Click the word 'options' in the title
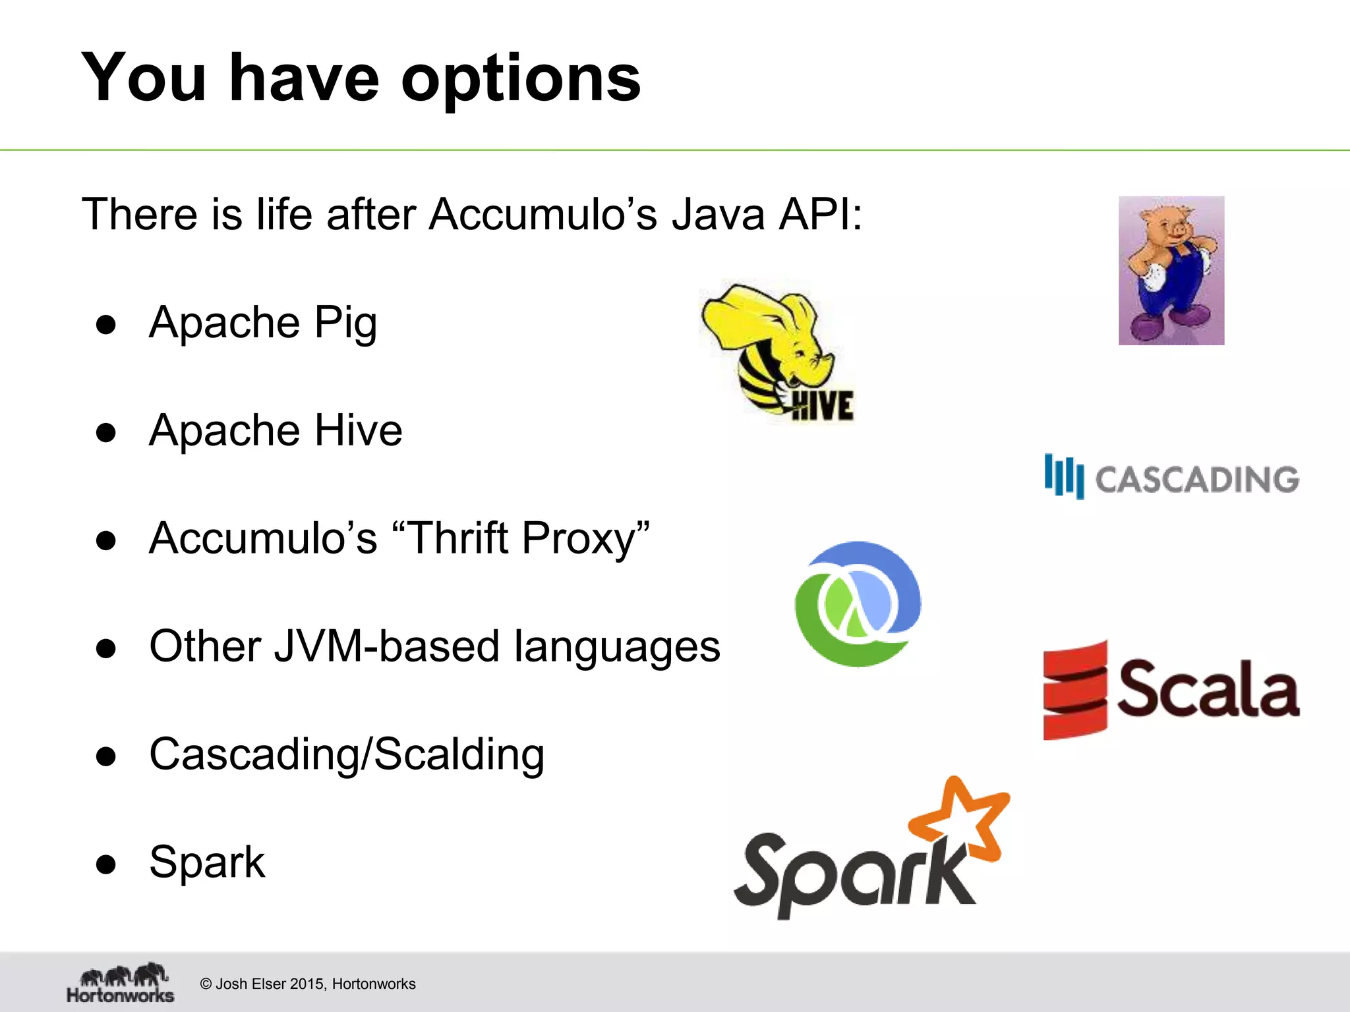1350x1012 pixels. tap(520, 79)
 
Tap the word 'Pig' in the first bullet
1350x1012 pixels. tap(345, 323)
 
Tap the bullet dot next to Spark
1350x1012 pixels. tap(105, 864)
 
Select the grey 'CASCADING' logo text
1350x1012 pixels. tap(1196, 479)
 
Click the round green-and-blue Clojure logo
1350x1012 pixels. tap(858, 604)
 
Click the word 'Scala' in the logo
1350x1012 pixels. tap(1207, 689)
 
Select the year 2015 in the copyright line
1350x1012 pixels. tap(307, 984)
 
